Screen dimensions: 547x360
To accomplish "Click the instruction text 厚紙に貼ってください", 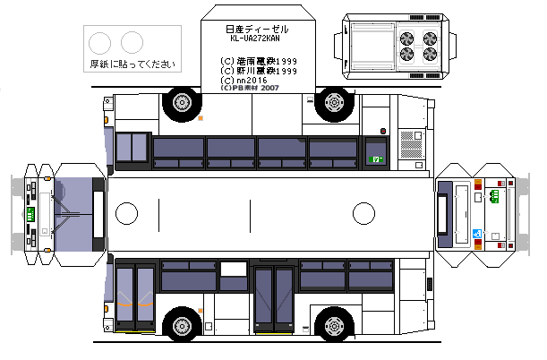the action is click(x=132, y=64).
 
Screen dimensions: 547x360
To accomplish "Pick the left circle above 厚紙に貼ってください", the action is click(x=101, y=41).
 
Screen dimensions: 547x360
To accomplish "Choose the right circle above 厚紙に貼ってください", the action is click(x=132, y=41).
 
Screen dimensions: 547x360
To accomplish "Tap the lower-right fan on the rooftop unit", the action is click(x=431, y=55).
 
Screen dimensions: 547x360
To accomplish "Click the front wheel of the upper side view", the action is click(x=181, y=104).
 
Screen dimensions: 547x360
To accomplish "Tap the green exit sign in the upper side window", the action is click(x=377, y=159).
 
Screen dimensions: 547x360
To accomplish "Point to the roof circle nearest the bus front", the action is click(x=127, y=213).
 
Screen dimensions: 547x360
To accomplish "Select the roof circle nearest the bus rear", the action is click(x=363, y=213).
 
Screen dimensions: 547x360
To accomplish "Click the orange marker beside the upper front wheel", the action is click(x=201, y=118).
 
